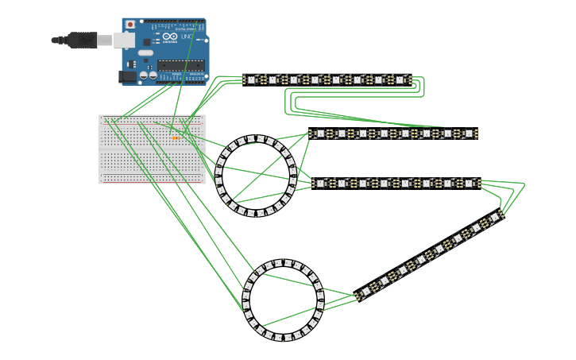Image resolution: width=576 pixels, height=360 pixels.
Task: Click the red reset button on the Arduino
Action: click(130, 25)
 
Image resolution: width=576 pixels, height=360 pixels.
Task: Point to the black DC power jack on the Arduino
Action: click(126, 76)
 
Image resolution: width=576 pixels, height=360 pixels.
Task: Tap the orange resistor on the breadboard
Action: click(176, 137)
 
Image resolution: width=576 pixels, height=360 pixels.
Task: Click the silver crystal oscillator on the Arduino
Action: click(145, 53)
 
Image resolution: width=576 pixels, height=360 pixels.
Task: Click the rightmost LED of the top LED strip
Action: click(400, 79)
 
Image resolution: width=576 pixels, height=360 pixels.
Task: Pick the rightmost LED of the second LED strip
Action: click(469, 134)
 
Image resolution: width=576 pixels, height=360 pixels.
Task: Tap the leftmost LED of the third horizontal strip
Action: click(320, 183)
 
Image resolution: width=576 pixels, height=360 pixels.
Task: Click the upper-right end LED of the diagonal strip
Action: click(495, 216)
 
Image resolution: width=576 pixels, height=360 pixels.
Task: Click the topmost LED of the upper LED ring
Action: click(256, 138)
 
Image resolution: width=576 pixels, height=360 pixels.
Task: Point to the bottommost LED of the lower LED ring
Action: click(283, 338)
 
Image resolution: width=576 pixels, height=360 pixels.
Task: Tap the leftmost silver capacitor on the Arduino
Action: click(145, 76)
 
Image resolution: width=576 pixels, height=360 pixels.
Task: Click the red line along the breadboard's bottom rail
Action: click(152, 180)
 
